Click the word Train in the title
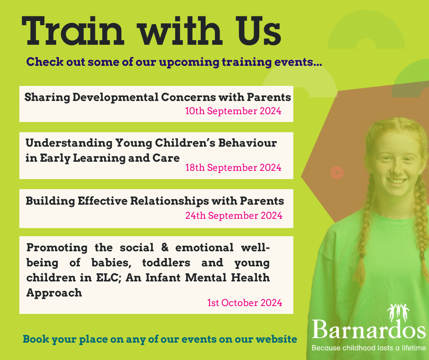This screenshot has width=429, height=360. [73, 31]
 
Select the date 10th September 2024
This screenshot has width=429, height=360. [233, 111]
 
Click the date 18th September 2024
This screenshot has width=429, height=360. [233, 167]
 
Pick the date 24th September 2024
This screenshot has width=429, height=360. [234, 215]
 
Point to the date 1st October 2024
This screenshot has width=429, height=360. [245, 303]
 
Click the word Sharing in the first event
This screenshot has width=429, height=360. [47, 97]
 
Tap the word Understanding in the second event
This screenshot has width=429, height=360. [69, 143]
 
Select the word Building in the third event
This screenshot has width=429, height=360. [50, 201]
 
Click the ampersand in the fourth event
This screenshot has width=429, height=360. [165, 248]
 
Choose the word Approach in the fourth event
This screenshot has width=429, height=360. [54, 293]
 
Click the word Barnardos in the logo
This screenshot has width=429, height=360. [369, 329]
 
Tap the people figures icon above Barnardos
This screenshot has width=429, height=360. [398, 312]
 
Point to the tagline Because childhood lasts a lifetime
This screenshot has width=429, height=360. [369, 348]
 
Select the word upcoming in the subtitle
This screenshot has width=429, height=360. [189, 62]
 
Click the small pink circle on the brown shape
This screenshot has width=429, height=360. [337, 173]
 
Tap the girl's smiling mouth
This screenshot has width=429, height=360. [397, 181]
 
